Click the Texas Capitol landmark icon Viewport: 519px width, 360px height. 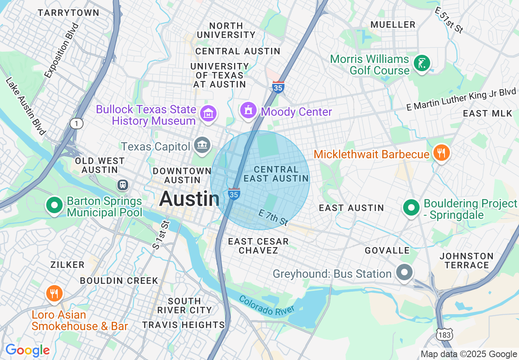click(x=202, y=145)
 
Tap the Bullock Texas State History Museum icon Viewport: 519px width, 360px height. click(x=209, y=113)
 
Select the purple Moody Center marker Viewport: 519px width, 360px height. click(x=248, y=110)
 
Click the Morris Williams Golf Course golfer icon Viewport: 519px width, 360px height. click(x=421, y=63)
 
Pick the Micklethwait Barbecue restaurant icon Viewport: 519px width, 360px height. click(x=441, y=153)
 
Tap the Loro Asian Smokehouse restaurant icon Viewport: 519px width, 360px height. click(x=54, y=293)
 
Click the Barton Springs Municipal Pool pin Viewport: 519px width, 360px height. click(x=54, y=205)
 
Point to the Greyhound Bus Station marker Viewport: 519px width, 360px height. click(x=404, y=272)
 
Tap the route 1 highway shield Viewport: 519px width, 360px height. click(x=76, y=123)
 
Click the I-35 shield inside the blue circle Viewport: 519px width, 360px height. click(x=234, y=194)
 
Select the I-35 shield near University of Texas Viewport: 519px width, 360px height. click(x=278, y=87)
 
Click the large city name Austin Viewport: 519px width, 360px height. click(x=189, y=199)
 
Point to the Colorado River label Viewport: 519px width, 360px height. click(x=266, y=305)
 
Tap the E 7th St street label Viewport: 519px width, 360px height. click(x=273, y=217)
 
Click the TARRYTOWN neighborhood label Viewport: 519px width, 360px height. click(x=68, y=13)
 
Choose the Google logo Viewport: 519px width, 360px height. click(x=27, y=350)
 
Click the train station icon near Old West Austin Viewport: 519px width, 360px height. click(x=122, y=184)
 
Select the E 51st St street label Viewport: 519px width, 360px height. click(x=449, y=20)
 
